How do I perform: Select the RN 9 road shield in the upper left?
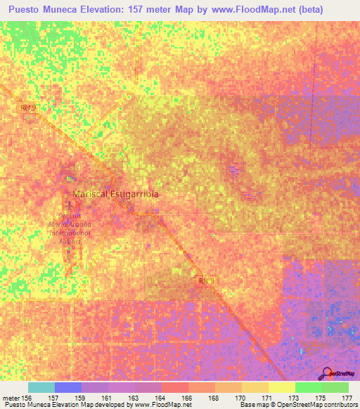click(x=27, y=108)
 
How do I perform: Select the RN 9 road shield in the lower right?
click(x=203, y=279)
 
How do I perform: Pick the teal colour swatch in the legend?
click(x=41, y=387)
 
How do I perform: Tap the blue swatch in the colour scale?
click(x=68, y=387)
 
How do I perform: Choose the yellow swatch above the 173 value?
click(x=281, y=387)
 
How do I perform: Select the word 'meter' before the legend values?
click(x=11, y=397)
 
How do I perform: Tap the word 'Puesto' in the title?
click(x=25, y=11)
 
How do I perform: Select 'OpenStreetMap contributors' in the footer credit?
click(x=309, y=405)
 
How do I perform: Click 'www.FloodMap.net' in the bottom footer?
click(x=155, y=405)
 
